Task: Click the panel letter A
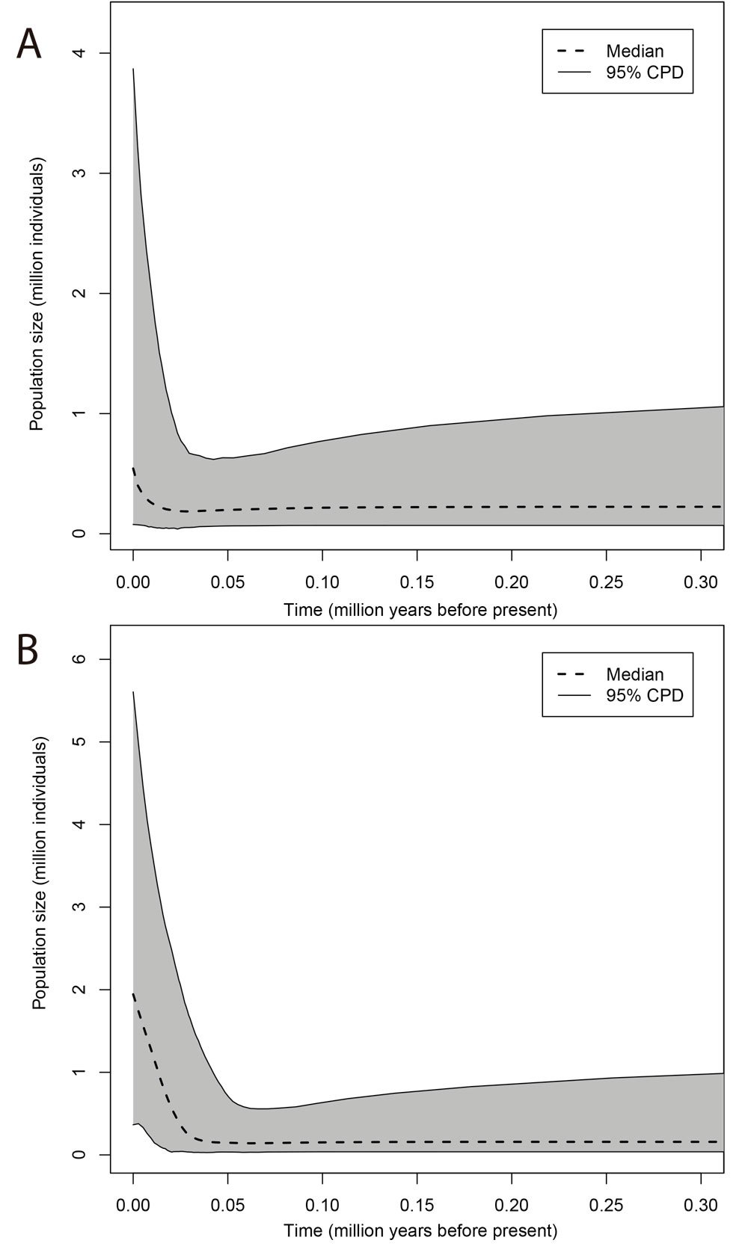(x=29, y=44)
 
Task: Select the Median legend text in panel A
(x=634, y=52)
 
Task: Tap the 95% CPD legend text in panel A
(x=644, y=73)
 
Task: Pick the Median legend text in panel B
(x=634, y=674)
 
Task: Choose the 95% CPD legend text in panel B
(x=644, y=695)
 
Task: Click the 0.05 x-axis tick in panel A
(x=227, y=582)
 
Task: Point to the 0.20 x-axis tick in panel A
(x=512, y=582)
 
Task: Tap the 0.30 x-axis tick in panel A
(x=701, y=582)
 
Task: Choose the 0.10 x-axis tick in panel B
(x=322, y=1205)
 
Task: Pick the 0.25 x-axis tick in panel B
(x=606, y=1205)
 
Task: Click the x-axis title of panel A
(x=420, y=610)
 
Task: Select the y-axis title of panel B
(x=40, y=873)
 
